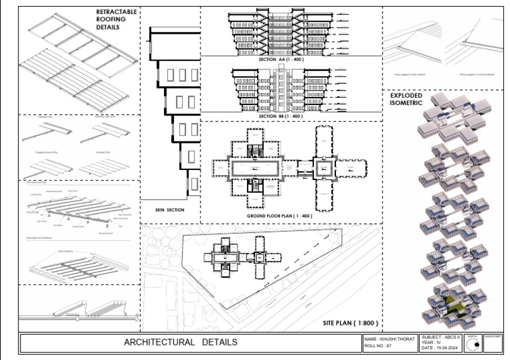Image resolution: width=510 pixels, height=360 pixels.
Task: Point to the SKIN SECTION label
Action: point(169,209)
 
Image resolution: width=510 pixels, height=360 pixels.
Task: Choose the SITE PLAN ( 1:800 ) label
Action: point(351,323)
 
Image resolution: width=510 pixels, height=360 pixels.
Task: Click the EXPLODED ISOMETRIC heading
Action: point(406,99)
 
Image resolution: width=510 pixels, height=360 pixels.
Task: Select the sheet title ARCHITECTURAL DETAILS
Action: point(181,343)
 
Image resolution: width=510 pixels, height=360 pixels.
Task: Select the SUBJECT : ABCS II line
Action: point(441,338)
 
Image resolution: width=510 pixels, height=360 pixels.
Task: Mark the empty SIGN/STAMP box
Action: point(493,343)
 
